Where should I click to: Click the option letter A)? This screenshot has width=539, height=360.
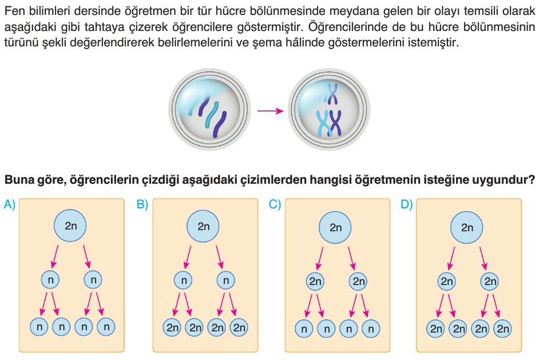click(10, 204)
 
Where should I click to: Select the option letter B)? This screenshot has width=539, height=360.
click(142, 204)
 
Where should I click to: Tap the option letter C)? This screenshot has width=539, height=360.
click(275, 204)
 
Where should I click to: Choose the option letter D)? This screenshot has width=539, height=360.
click(407, 204)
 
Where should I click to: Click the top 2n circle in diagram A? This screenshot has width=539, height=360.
click(71, 226)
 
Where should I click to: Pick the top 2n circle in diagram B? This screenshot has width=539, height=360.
click(204, 226)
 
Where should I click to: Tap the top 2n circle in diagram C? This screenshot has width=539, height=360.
click(336, 227)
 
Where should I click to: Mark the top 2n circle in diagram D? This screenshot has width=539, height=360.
click(467, 227)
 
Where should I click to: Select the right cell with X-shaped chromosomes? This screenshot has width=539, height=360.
click(328, 109)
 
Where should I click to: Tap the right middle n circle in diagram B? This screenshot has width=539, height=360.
click(226, 280)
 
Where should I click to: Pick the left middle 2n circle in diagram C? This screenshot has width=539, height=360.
click(315, 282)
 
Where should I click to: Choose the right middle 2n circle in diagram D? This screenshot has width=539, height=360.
click(490, 282)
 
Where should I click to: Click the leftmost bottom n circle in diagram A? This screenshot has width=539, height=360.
click(39, 327)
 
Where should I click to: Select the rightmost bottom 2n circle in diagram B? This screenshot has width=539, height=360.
click(239, 327)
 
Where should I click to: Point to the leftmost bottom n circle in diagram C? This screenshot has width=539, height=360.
click(304, 329)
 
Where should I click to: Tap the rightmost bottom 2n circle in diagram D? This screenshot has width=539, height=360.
click(502, 329)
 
